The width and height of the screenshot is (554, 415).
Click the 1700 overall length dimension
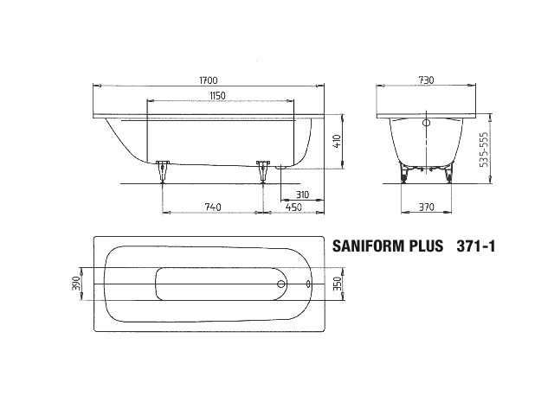click(x=209, y=80)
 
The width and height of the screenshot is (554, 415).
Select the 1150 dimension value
click(x=217, y=96)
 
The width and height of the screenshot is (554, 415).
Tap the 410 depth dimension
click(x=337, y=141)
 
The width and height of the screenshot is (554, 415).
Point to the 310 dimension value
click(x=302, y=195)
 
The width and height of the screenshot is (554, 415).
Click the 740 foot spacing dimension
click(x=213, y=207)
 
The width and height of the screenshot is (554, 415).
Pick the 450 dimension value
click(x=293, y=207)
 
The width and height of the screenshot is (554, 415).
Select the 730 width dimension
click(x=426, y=80)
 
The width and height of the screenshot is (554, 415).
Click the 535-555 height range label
click(x=485, y=150)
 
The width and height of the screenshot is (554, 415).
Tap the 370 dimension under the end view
click(x=426, y=207)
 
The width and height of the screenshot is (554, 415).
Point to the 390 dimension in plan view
click(x=77, y=284)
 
